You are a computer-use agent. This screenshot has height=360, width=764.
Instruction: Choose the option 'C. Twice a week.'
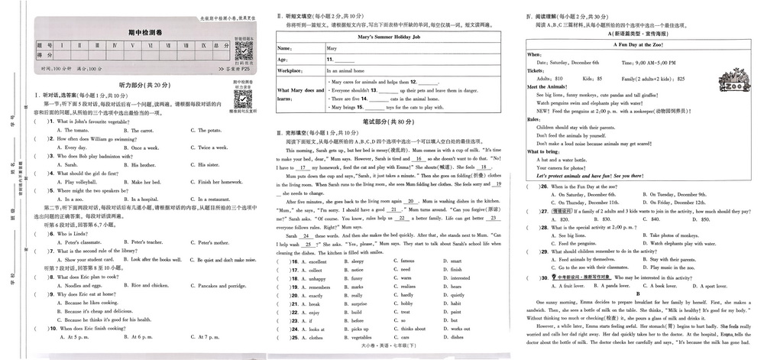tap(206, 148)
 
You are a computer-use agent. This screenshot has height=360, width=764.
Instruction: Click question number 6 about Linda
tap(50, 233)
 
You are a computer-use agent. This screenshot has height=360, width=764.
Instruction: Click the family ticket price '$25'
tap(681, 78)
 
